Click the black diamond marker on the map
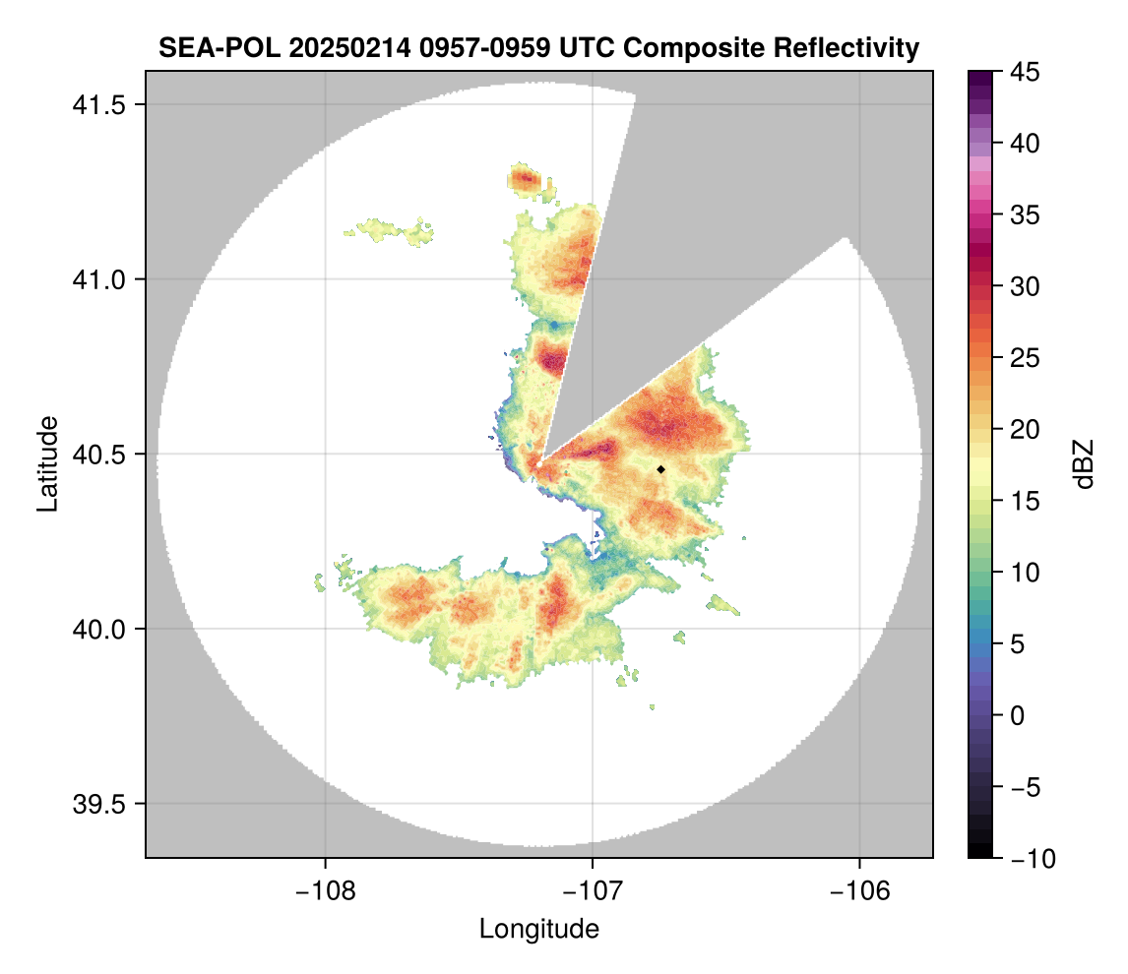point(660,469)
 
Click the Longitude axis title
point(538,929)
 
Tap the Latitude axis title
point(47,463)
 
